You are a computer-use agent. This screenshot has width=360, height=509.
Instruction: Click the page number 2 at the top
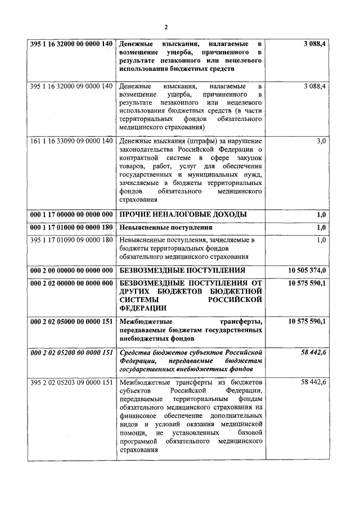tap(166, 26)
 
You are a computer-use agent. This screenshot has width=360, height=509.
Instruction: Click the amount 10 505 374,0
tap(307, 270)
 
